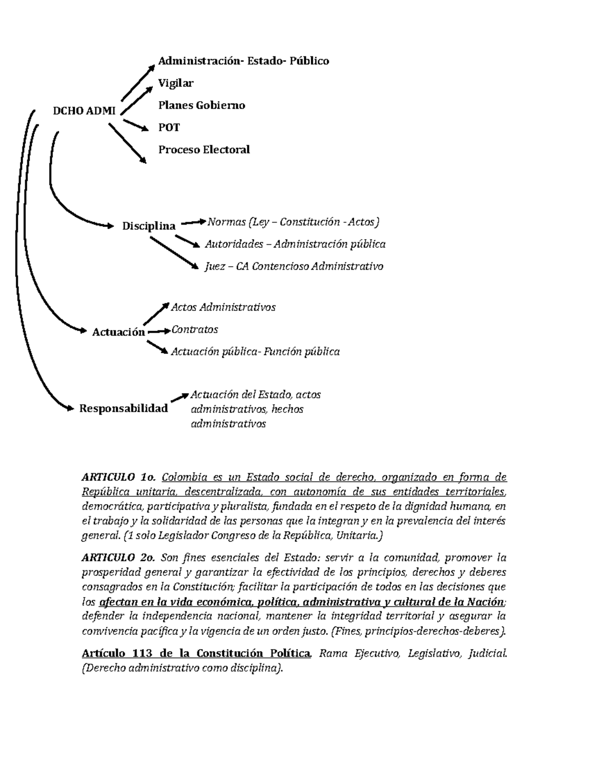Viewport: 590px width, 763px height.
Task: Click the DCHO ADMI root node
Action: pyautogui.click(x=84, y=111)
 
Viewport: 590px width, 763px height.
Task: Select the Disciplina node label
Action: pyautogui.click(x=148, y=226)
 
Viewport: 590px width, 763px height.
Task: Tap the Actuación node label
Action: pyautogui.click(x=118, y=332)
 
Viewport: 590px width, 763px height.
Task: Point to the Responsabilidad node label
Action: pyautogui.click(x=123, y=408)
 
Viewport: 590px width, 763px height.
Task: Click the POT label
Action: pyautogui.click(x=169, y=127)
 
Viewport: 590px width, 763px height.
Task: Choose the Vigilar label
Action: pyautogui.click(x=176, y=83)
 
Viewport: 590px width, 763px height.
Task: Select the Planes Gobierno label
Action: pyautogui.click(x=201, y=105)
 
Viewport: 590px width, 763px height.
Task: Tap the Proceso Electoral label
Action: pyautogui.click(x=204, y=149)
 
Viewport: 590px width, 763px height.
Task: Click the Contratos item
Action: pyautogui.click(x=194, y=329)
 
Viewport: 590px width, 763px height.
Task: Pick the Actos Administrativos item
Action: pyautogui.click(x=223, y=307)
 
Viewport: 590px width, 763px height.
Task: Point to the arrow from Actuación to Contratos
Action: pyautogui.click(x=158, y=332)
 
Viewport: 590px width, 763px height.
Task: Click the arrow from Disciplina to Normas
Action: pyautogui.click(x=193, y=224)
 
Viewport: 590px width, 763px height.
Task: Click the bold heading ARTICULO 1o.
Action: pyautogui.click(x=118, y=477)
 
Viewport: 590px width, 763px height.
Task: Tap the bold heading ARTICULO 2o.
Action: pyautogui.click(x=118, y=558)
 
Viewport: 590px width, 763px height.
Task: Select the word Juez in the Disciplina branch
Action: pyautogui.click(x=215, y=266)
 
